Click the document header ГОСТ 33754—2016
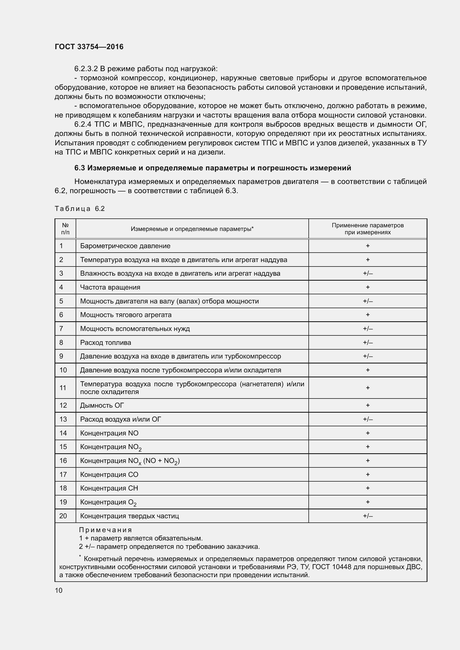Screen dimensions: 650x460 pos(89,47)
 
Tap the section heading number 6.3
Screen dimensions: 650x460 pos(80,168)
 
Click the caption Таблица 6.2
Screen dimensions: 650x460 pos(80,209)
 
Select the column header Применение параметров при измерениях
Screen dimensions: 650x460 pos(367,229)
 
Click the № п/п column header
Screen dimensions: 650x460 pos(65,229)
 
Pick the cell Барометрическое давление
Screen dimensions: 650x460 pos(125,246)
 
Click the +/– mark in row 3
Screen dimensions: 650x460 pos(368,273)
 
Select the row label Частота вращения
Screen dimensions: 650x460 pos(110,287)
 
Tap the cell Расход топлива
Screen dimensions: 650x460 pos(106,343)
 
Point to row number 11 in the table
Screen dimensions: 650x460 pos(63,388)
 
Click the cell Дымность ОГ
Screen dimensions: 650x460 pos(102,405)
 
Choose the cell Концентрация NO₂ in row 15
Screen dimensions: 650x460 pos(110,447)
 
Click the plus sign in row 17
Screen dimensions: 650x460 pos(368,474)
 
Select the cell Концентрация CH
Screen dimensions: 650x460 pos(109,488)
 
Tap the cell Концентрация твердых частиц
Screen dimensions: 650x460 pos(129,516)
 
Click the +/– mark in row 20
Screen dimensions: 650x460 pos(368,516)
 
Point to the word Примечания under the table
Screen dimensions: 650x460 pos(105,530)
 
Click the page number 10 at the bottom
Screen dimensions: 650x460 pos(59,590)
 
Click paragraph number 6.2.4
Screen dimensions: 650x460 pos(83,124)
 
